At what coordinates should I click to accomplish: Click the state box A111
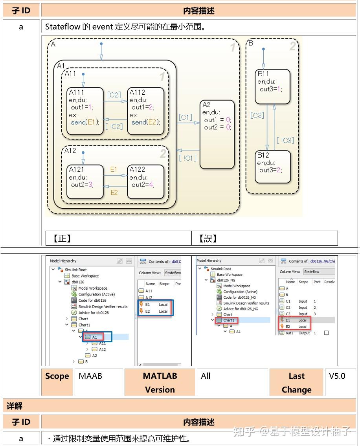click(85, 111)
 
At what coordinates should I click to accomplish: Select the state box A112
click(146, 111)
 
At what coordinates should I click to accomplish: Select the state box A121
click(85, 182)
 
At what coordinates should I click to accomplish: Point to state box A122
click(146, 182)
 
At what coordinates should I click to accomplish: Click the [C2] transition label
click(114, 95)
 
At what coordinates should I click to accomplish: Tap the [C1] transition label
click(185, 117)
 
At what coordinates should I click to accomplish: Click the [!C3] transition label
click(285, 140)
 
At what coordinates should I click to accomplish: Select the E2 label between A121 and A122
click(114, 192)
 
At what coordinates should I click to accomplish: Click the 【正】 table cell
click(118, 238)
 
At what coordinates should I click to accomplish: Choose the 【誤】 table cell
click(264, 238)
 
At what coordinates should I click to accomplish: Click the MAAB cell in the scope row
click(90, 376)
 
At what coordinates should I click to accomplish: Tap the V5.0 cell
click(337, 376)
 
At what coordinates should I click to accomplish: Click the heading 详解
click(15, 405)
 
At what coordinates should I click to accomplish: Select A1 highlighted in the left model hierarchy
click(94, 337)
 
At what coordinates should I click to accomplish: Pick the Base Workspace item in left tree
click(86, 276)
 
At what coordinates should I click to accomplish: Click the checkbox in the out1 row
click(326, 333)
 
